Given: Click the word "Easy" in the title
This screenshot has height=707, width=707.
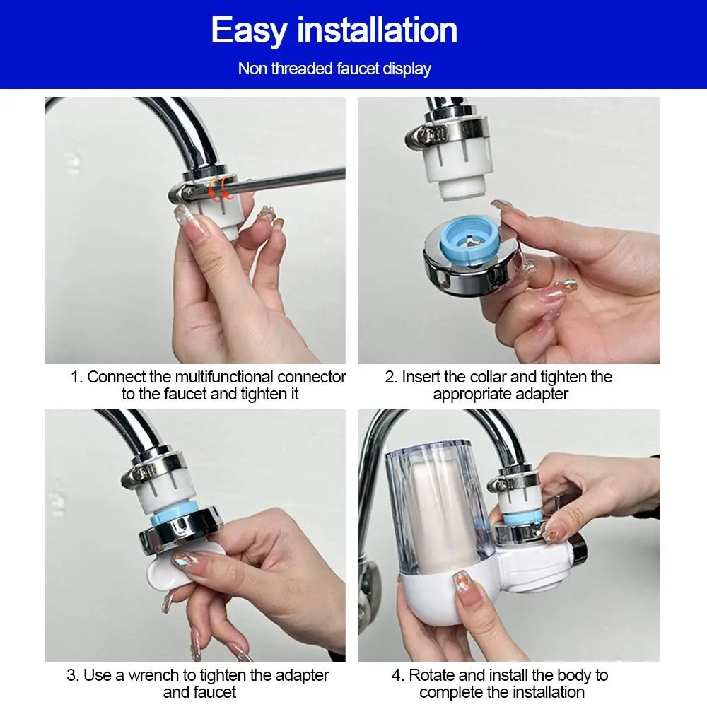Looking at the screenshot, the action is (249, 30).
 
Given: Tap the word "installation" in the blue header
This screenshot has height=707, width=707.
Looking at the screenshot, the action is (377, 30).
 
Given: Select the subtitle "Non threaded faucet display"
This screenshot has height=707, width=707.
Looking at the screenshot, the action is (334, 69).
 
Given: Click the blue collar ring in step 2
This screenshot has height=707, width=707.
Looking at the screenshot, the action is (469, 239).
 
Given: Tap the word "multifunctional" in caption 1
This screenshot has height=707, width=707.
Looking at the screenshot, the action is (224, 377).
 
